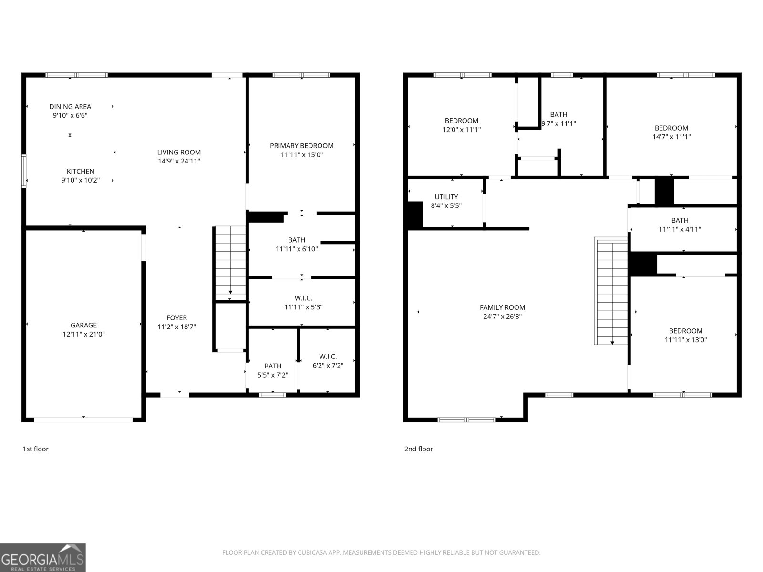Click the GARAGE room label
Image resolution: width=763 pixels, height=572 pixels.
(x=83, y=325)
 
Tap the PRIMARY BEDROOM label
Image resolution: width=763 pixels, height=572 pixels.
(x=302, y=146)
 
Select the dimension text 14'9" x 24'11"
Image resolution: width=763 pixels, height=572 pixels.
(x=179, y=161)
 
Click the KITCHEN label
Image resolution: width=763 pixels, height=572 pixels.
(x=80, y=171)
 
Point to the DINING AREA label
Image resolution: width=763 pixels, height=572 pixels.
(x=70, y=107)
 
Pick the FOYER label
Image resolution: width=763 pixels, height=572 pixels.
(x=176, y=318)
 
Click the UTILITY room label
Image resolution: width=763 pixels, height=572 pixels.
(x=446, y=197)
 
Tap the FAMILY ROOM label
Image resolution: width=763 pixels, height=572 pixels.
(x=502, y=307)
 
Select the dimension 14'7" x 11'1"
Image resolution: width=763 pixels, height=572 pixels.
(x=671, y=137)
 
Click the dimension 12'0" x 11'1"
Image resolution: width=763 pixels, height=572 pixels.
(x=462, y=130)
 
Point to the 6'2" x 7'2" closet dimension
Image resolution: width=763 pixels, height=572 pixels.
(x=328, y=365)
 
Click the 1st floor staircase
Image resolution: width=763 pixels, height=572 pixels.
(x=230, y=263)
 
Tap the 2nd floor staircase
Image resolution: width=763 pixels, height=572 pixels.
(x=612, y=291)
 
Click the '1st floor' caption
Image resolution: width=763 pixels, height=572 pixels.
(x=35, y=449)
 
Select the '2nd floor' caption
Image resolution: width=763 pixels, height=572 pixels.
(x=419, y=449)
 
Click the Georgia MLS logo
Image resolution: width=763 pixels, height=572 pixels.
(x=43, y=558)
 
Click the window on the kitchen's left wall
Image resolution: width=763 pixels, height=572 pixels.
(x=24, y=171)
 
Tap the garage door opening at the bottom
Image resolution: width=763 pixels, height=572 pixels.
(x=83, y=420)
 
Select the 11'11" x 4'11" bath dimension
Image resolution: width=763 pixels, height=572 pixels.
(x=680, y=229)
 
